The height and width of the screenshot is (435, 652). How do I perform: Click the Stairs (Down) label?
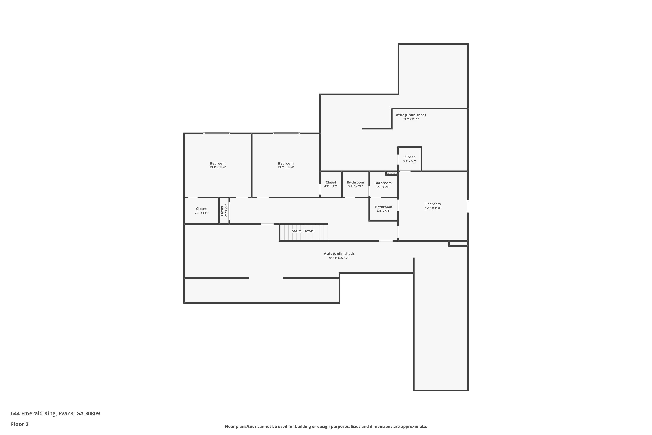[303, 231]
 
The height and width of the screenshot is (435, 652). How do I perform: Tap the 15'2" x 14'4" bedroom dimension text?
[218, 167]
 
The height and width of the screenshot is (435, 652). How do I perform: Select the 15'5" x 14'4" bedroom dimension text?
[286, 167]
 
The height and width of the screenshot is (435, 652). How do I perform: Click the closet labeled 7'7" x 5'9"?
[201, 211]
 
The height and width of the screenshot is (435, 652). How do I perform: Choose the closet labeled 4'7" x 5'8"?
[331, 184]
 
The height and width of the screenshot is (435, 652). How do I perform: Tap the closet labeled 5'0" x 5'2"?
[409, 159]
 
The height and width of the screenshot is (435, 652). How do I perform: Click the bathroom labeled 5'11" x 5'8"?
[355, 184]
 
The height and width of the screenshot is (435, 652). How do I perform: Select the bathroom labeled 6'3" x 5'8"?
[383, 185]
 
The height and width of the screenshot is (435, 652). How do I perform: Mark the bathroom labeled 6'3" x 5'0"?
[383, 209]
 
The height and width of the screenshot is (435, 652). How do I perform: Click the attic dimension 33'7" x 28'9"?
[411, 119]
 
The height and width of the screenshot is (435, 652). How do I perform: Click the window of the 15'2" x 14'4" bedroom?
[216, 134]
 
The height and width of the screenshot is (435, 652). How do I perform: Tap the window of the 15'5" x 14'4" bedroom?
[286, 134]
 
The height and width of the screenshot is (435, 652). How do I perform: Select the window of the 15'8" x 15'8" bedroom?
[468, 206]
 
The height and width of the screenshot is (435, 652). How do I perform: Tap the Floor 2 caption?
[20, 424]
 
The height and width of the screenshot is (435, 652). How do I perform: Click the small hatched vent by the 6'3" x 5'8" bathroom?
[392, 173]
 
